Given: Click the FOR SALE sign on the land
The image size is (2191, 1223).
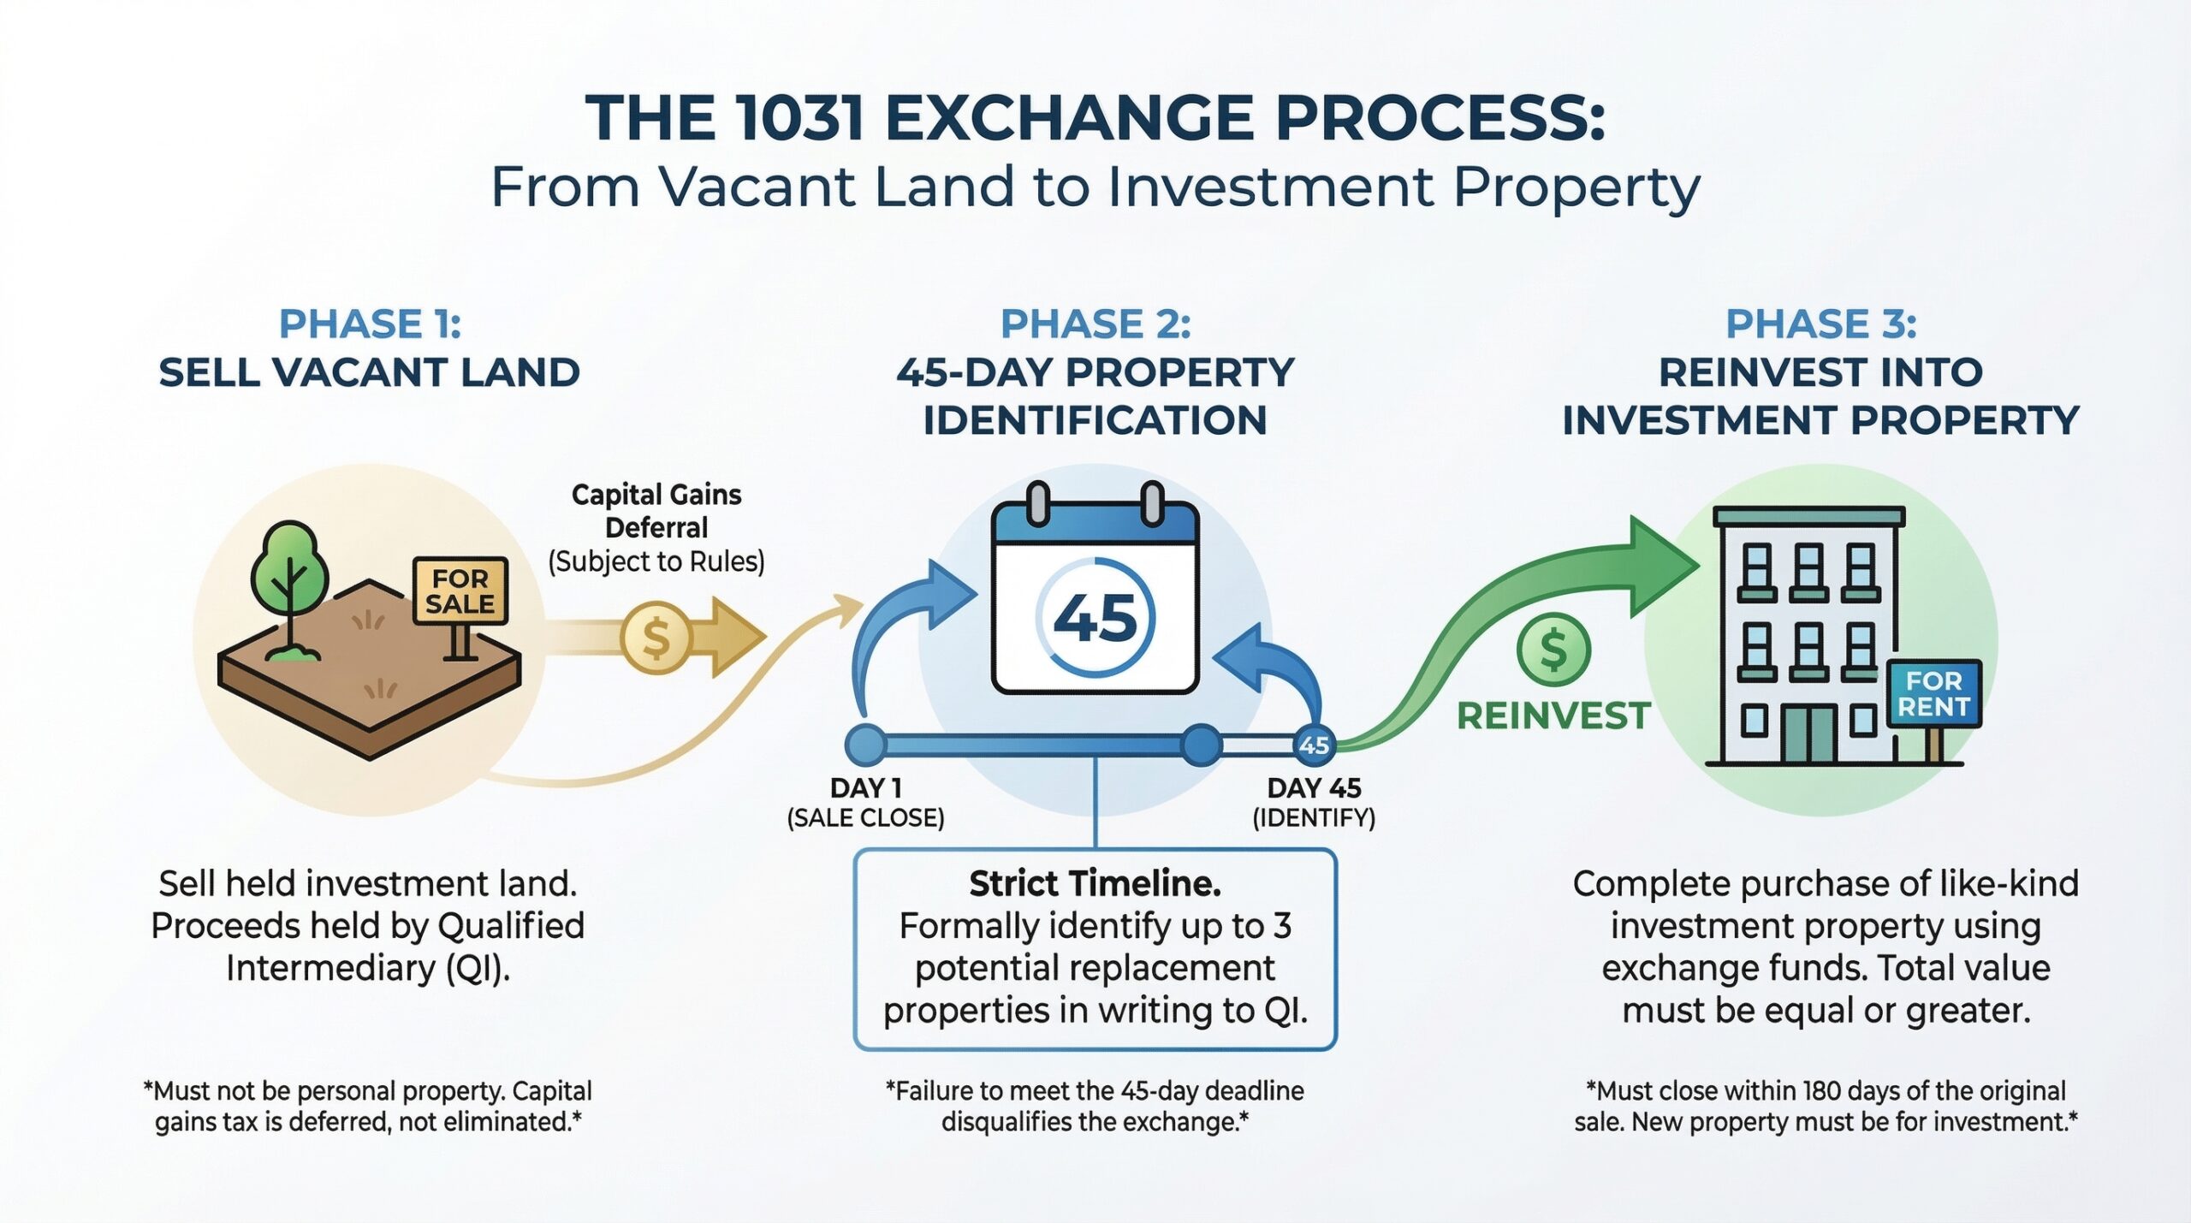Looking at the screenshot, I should tap(460, 591).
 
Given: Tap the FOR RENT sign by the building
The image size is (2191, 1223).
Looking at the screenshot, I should tap(1933, 693).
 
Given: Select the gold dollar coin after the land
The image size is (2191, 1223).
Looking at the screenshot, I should tap(656, 638).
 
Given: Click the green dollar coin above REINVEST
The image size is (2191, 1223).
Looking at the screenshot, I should tap(1553, 650).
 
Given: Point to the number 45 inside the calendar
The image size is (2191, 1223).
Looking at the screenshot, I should tap(1095, 618).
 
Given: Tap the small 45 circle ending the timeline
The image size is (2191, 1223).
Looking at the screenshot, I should tap(1314, 745).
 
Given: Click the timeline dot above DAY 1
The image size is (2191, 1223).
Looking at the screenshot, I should tap(865, 744).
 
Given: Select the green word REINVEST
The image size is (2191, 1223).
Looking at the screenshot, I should tap(1553, 715).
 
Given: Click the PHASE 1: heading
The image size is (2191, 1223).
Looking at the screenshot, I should tap(370, 324).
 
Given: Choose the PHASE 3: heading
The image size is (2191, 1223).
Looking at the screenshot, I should tap(1820, 324).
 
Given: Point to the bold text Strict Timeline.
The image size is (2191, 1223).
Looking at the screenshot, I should tap(1095, 884).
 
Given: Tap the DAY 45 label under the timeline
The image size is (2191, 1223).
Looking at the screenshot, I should tap(1314, 787).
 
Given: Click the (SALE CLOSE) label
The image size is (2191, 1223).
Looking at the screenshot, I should tap(865, 818).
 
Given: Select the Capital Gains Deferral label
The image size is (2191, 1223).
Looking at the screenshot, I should tap(656, 511).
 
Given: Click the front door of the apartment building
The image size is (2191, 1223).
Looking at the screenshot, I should tap(1809, 734).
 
